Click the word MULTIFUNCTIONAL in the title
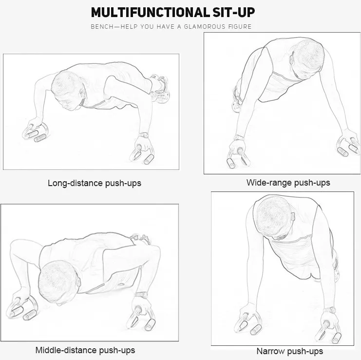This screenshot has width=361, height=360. point(150,13)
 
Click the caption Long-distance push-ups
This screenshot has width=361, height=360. point(95,183)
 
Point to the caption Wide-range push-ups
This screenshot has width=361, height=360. point(288,183)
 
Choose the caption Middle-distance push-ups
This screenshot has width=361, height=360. point(85,350)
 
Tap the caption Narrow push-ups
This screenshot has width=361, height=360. point(290,351)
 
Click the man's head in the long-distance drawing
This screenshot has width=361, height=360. point(68,91)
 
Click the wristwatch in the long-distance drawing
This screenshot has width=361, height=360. point(144,135)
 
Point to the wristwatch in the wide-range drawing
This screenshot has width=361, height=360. point(239,138)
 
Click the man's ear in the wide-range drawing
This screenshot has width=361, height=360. point(292,58)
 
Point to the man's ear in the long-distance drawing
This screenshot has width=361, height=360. point(81,93)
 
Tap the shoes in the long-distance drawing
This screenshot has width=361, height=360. point(160,88)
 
